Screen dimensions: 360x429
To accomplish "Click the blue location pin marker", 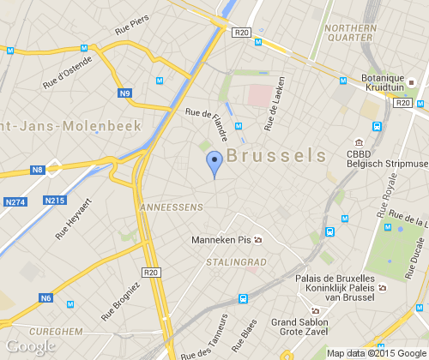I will pyautogui.click(x=214, y=162).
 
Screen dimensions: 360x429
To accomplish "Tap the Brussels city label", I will pyautogui.click(x=279, y=156).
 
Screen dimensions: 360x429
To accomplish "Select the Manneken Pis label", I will pyautogui.click(x=221, y=239).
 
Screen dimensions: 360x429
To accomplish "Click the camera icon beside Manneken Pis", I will pyautogui.click(x=258, y=240).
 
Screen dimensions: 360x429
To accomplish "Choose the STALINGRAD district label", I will pyautogui.click(x=237, y=261).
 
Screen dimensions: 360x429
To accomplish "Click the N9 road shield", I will pyautogui.click(x=125, y=93).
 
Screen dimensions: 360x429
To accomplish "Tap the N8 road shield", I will pyautogui.click(x=37, y=171).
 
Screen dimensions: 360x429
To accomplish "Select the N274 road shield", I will pyautogui.click(x=16, y=201).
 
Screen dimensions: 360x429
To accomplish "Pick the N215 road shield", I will pyautogui.click(x=54, y=201).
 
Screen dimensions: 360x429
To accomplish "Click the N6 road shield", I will pyautogui.click(x=45, y=297).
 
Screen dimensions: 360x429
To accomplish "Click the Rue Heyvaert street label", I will pyautogui.click(x=73, y=219).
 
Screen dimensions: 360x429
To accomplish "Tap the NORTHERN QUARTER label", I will pyautogui.click(x=351, y=32).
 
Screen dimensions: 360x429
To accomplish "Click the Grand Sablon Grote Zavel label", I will pyautogui.click(x=294, y=328).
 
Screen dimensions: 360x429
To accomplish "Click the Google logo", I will pyautogui.click(x=30, y=346).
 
